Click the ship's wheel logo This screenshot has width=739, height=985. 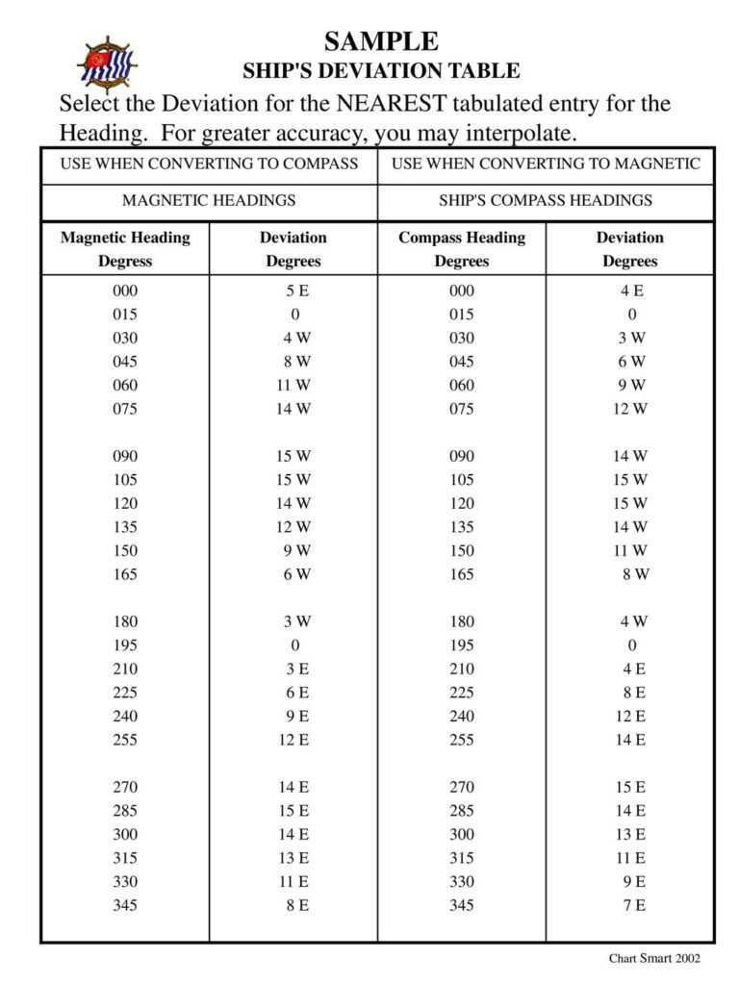click(106, 63)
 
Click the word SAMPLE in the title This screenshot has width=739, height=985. click(381, 41)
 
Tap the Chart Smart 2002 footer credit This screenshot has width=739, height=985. click(654, 958)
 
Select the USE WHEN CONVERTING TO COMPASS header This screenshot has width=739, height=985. click(209, 164)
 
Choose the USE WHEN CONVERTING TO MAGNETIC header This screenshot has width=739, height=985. click(546, 164)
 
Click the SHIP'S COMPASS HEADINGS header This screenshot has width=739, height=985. click(546, 200)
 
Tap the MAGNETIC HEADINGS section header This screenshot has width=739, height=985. click(209, 200)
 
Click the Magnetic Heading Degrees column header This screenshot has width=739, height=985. click(125, 249)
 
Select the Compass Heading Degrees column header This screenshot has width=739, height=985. click(462, 249)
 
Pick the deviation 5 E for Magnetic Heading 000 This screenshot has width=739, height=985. click(294, 290)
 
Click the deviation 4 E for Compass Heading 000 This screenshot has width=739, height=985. click(631, 290)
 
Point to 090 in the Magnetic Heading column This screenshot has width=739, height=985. click(125, 456)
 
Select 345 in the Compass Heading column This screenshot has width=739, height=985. click(462, 905)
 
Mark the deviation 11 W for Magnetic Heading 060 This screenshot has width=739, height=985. click(294, 385)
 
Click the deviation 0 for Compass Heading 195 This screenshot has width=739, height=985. click(632, 645)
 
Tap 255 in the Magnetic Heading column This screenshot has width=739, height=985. click(125, 740)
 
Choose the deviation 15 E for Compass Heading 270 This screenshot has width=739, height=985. click(631, 787)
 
